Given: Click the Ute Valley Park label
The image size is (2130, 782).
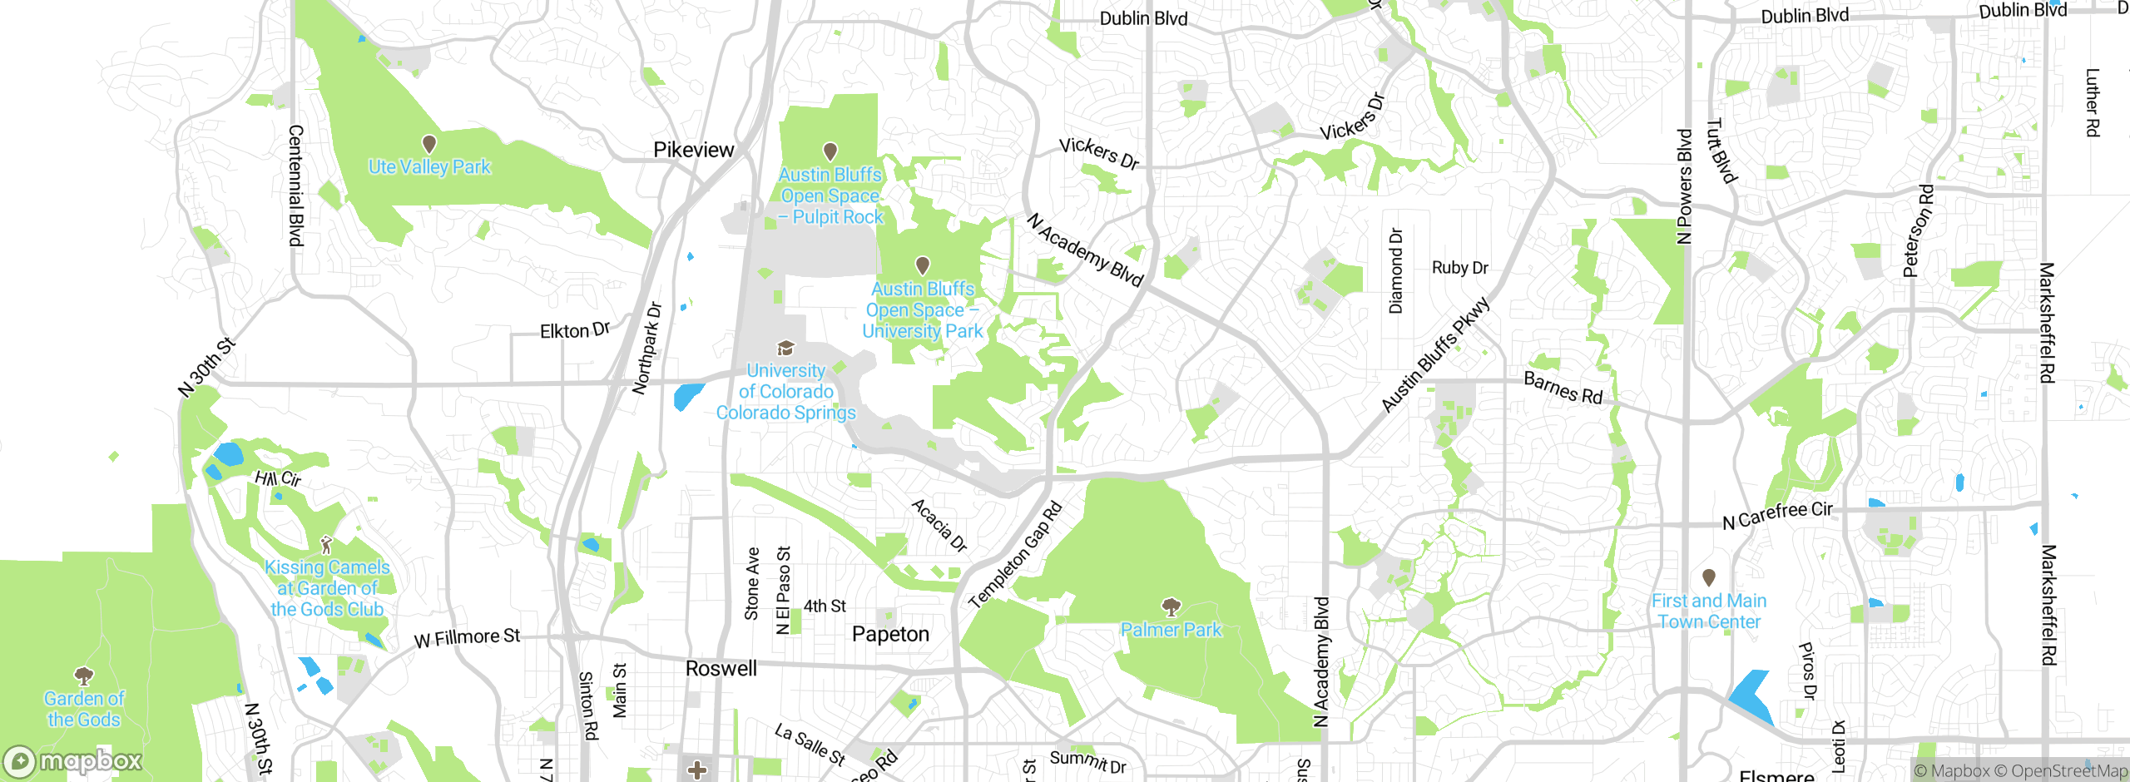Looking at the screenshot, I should [x=429, y=167].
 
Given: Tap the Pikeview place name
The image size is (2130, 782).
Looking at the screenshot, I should [x=693, y=150].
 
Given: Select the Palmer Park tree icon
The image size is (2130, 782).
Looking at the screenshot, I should [x=1171, y=606].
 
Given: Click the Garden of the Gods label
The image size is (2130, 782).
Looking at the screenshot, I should [x=83, y=709].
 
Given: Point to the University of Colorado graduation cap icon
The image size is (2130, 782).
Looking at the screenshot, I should [x=785, y=348].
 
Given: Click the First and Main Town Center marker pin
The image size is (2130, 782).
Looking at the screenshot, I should [x=1709, y=577].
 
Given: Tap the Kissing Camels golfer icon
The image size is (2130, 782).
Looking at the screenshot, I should [x=326, y=545].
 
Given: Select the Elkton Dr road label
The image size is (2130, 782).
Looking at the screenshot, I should [x=575, y=330].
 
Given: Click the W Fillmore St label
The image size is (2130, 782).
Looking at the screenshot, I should [x=467, y=638].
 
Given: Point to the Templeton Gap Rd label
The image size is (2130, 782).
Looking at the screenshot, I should [x=1016, y=555].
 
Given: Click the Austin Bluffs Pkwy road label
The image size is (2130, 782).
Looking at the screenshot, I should [x=1435, y=354].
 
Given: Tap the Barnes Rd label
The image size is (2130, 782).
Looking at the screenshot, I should [x=1563, y=389].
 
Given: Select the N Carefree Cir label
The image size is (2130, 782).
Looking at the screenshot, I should [x=1777, y=515].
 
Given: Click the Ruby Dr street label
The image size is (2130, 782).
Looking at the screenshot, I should [x=1459, y=268].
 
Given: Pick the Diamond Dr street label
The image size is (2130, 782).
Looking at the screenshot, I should [x=1396, y=271].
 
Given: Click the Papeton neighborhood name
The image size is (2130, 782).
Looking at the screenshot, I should [x=890, y=634].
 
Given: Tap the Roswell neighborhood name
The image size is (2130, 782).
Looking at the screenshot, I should [x=721, y=669].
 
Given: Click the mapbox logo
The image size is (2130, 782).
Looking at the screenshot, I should [x=73, y=760].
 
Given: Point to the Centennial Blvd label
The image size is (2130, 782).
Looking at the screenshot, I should [x=295, y=186].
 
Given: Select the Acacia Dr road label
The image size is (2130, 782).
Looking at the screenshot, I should [x=939, y=525].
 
